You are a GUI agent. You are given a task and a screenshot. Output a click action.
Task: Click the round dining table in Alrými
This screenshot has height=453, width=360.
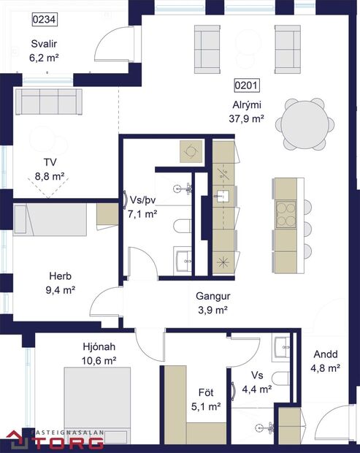coord(307,123)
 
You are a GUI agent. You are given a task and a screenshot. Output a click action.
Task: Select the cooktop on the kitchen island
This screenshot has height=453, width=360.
coord(285,216)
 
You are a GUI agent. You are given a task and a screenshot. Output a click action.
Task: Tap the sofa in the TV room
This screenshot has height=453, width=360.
coord(47,102)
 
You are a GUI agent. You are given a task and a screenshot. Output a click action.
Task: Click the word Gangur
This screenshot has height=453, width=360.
coord(213,297)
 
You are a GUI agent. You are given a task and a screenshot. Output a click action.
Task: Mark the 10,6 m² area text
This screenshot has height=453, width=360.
coord(99,360)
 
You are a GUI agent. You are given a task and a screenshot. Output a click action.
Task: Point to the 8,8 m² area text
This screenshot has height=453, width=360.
coord(49,176)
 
